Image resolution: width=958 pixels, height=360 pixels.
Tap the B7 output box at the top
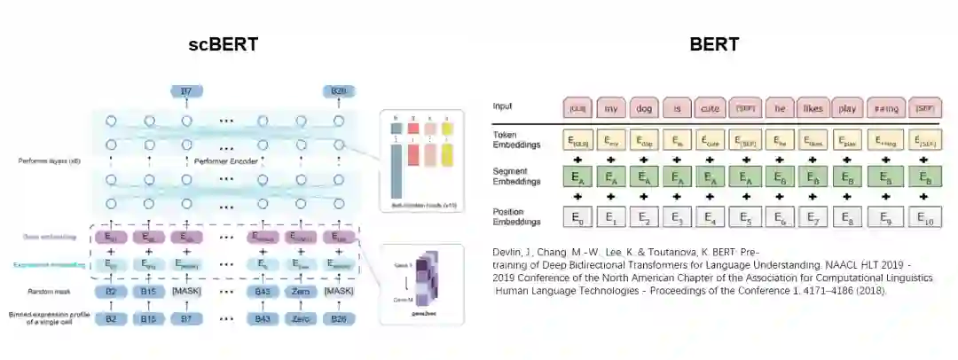(186, 91)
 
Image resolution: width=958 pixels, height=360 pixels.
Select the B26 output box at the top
(338, 91)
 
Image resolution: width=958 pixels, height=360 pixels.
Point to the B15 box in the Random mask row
(149, 291)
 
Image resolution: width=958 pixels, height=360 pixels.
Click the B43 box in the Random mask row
(263, 291)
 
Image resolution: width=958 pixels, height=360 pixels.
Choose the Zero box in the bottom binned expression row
(300, 317)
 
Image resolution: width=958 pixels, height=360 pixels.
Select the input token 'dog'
(643, 107)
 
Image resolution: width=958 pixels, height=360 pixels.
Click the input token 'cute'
(711, 107)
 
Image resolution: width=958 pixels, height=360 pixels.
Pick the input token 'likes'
(812, 107)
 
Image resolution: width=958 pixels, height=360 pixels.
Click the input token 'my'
(610, 107)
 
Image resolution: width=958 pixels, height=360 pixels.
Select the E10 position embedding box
(925, 215)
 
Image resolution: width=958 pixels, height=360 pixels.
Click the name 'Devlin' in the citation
(506, 253)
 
